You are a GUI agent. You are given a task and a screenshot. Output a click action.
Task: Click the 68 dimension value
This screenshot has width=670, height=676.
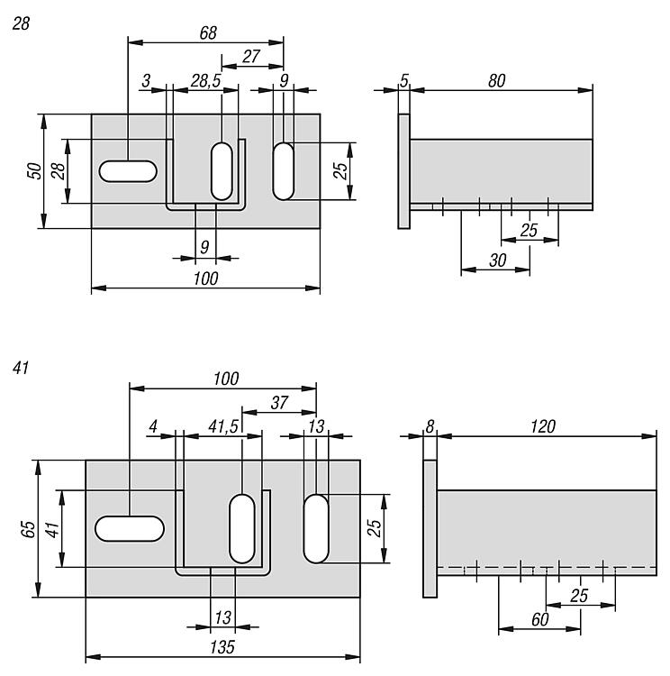click(207, 32)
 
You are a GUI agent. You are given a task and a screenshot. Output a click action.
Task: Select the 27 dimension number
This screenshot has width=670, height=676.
click(251, 56)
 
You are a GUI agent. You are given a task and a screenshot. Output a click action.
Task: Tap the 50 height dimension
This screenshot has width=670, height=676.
click(32, 170)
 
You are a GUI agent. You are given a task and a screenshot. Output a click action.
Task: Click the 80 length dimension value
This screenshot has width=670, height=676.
click(495, 81)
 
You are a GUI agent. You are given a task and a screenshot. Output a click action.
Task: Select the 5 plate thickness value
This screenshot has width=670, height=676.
click(403, 81)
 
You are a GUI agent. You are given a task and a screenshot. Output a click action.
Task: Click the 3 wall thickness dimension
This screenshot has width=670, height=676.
click(146, 81)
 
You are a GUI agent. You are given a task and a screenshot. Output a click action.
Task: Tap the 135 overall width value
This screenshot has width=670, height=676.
click(222, 647)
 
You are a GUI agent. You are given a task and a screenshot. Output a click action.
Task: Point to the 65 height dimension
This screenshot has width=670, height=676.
click(26, 528)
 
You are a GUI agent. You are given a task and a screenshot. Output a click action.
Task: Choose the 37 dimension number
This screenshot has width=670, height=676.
click(278, 402)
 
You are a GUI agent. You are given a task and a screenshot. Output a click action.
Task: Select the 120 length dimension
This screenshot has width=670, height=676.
click(541, 425)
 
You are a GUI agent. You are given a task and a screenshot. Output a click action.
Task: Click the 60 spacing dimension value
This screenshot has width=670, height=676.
click(539, 620)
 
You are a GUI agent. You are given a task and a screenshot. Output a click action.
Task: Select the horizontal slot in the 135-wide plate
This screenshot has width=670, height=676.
click(130, 528)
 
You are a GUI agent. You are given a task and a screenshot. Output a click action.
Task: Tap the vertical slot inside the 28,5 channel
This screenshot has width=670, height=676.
click(222, 169)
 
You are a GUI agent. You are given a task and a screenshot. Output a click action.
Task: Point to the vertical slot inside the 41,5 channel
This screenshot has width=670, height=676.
click(242, 527)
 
